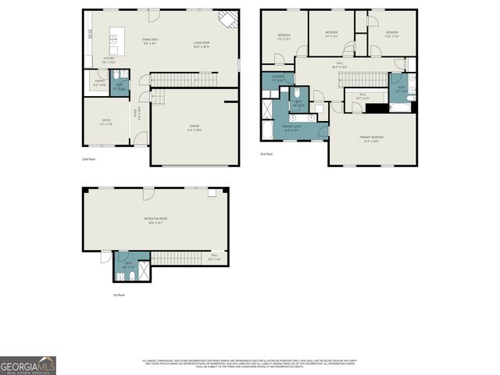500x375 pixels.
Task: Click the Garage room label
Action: [x=195, y=130]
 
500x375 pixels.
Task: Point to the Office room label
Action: [x=106, y=122]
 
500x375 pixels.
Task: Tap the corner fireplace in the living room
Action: [x=227, y=18]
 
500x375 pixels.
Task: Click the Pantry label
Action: [x=99, y=82]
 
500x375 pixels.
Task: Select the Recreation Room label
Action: [x=152, y=221]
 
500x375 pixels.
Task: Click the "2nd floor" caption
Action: [x=88, y=159]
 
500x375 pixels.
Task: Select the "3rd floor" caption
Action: [x=266, y=154]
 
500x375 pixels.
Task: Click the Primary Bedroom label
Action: [x=371, y=139]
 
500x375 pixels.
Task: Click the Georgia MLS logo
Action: [x=28, y=366]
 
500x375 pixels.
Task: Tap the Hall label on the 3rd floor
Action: [x=339, y=65]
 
